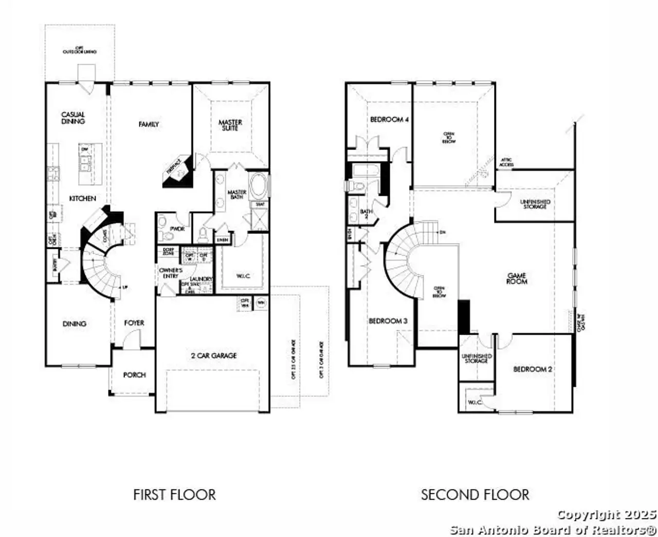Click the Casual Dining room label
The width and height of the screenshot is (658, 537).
tap(73, 118)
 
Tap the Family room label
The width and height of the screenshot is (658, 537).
tap(149, 124)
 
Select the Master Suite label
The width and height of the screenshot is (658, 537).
tap(230, 125)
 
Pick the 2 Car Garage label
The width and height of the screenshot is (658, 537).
tap(214, 355)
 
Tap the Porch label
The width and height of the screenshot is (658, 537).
tap(134, 375)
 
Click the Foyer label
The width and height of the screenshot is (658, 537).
tap(134, 323)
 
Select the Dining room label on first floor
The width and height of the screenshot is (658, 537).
tap(75, 324)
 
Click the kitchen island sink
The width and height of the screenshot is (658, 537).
tap(85, 162)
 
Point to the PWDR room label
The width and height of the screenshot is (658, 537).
tap(177, 229)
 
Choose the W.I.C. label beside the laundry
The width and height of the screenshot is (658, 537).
tap(243, 276)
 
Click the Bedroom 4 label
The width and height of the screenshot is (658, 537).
tap(389, 119)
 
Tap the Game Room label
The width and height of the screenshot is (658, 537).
tap(517, 279)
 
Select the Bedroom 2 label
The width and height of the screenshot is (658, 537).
tap(533, 369)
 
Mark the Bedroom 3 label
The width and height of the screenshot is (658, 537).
tap(388, 321)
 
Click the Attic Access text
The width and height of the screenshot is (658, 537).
tap(506, 162)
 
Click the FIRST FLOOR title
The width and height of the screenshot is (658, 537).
tap(174, 495)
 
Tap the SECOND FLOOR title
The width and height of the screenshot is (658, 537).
tap(475, 495)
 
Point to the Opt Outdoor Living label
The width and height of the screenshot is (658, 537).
tap(80, 50)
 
